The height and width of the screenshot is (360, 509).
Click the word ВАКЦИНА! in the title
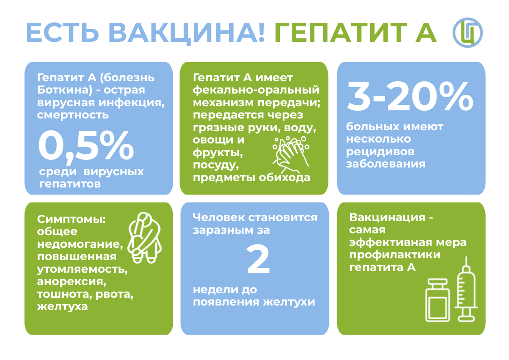pos(186,33)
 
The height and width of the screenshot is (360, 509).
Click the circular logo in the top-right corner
pos(467,33)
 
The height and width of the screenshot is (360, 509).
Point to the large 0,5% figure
pos(86,146)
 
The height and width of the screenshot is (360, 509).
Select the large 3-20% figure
pos(410,96)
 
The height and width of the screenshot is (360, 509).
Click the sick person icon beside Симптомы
pos(144,237)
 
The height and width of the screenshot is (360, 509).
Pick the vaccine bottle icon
pos(438,300)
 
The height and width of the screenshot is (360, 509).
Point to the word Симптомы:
pos(71,219)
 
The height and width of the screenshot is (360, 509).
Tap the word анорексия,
pos(72,282)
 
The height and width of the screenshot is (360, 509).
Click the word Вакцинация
pos(387,217)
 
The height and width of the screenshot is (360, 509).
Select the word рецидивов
pos(380,152)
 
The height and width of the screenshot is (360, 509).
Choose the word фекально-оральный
pos(256,90)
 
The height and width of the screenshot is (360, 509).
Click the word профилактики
pos(395,255)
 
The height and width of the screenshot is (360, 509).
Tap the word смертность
pos(73,115)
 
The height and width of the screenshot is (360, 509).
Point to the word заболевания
pos(386,164)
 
